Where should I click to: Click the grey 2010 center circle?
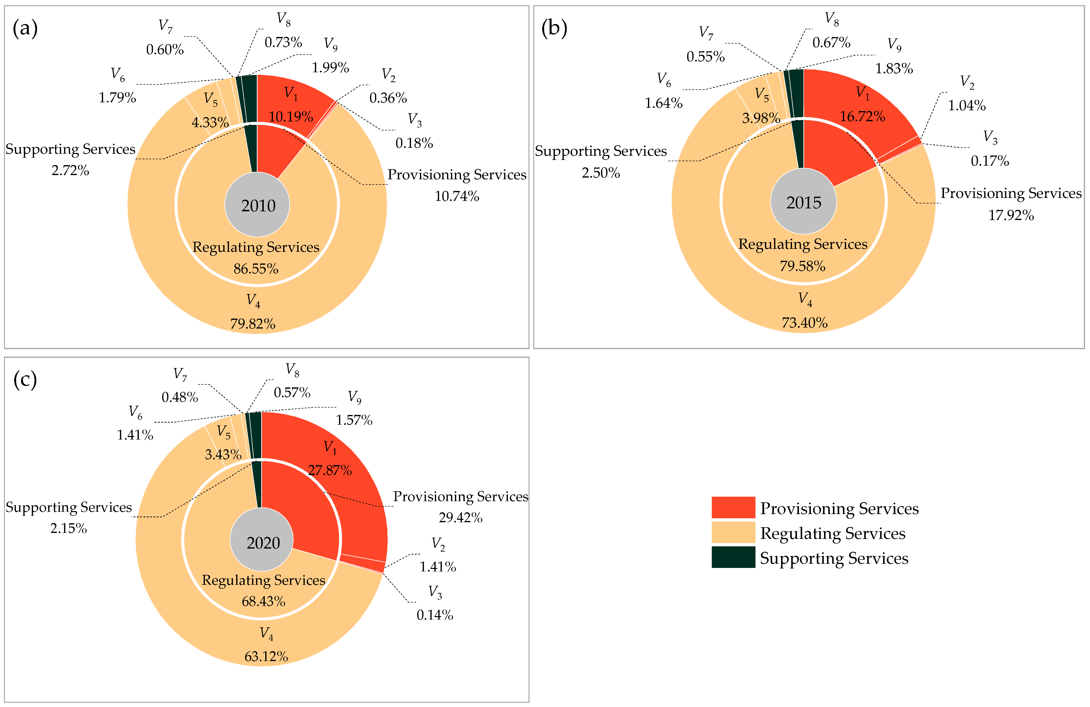257,205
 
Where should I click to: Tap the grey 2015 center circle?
803,201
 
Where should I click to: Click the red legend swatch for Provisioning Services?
733,507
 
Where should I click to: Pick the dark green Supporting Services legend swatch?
733,557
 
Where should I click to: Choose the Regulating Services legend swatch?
733,532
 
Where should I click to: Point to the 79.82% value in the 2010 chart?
253,324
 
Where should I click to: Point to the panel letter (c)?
25,380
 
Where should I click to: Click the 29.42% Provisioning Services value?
460,518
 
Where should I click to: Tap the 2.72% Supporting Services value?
70,170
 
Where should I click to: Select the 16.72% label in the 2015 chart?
862,116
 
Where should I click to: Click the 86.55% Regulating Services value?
256,269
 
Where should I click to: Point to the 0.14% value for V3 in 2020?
435,615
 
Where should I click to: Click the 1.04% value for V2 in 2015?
966,106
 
